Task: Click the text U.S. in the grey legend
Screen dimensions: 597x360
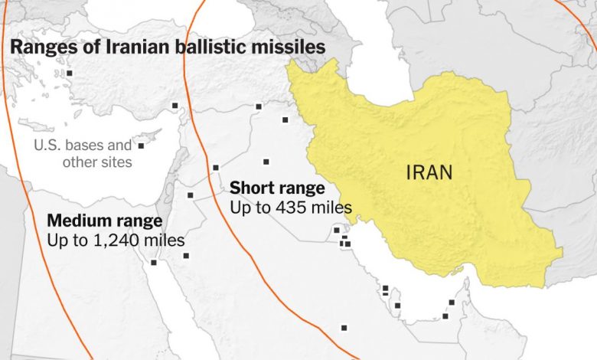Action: click(x=47, y=145)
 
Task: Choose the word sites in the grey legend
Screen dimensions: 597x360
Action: click(x=115, y=162)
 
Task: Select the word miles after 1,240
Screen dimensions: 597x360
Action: click(x=166, y=240)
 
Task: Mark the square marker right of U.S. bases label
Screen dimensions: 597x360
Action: click(x=141, y=145)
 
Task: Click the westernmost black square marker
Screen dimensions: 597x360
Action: click(x=69, y=73)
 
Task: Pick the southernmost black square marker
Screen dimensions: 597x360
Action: click(x=344, y=328)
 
